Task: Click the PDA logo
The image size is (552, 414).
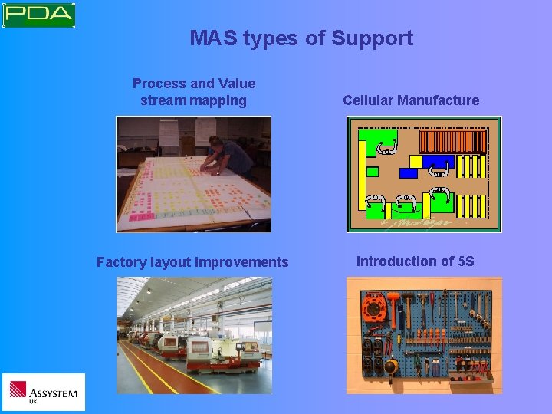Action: coord(38,15)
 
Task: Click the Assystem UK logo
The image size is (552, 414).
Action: coord(43,393)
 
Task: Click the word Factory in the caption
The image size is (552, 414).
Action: coord(120,262)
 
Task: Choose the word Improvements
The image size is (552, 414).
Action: coord(242,262)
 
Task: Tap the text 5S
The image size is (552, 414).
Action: coord(465,261)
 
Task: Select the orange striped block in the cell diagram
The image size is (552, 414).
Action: coord(454,141)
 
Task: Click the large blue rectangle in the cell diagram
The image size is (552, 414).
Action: coord(438,162)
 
